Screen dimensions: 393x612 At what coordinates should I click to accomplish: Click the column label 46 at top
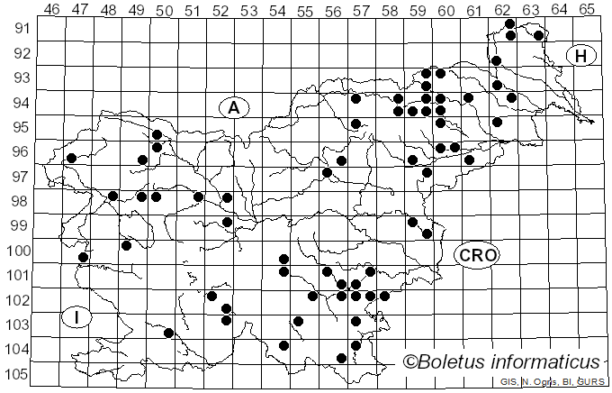[x=52, y=10]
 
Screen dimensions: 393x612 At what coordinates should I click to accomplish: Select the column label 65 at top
[x=587, y=10]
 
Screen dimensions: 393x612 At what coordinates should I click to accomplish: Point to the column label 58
[x=390, y=10]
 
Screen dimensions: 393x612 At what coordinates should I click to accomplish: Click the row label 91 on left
[x=19, y=29]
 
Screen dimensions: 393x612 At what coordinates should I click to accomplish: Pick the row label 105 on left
[x=15, y=374]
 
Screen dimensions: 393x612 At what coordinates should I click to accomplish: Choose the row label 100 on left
[x=15, y=251]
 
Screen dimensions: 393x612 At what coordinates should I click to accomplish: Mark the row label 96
[x=19, y=152]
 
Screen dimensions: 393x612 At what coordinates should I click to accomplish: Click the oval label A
[x=233, y=107]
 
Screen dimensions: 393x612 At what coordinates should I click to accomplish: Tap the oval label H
[x=581, y=56]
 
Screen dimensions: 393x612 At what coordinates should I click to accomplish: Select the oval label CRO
[x=476, y=255]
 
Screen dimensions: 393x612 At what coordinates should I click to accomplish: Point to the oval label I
[x=78, y=317]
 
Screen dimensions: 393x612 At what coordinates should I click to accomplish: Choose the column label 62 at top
[x=502, y=10]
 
